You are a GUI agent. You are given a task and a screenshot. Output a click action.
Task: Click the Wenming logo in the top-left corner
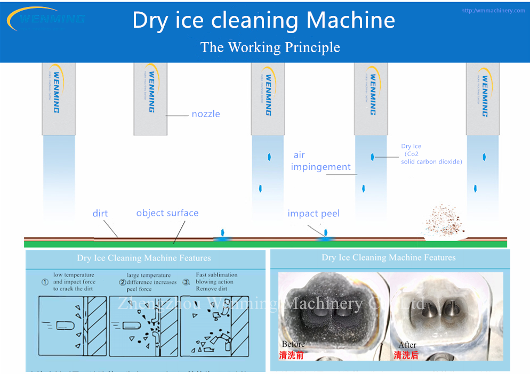click(45, 19)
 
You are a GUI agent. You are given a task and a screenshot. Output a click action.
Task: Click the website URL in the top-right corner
click(493, 11)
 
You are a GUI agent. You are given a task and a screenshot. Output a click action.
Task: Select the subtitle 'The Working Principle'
click(270, 47)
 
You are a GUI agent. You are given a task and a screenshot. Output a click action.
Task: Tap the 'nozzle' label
click(206, 114)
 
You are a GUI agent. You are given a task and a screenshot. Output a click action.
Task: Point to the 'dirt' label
click(100, 214)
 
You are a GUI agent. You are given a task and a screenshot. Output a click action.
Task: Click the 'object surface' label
click(167, 213)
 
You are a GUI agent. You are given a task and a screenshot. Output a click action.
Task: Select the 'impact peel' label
click(313, 214)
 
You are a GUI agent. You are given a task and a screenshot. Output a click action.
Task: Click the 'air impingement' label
click(320, 161)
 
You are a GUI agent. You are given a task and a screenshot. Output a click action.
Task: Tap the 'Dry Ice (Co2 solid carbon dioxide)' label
click(431, 154)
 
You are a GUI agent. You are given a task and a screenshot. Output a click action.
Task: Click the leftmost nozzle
click(59, 99)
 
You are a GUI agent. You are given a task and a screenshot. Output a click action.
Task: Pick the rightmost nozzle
click(483, 99)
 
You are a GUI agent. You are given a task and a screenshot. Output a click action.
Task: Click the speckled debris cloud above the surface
click(443, 219)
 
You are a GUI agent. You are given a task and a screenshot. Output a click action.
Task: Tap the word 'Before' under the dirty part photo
click(293, 345)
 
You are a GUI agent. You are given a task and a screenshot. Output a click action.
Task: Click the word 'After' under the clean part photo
click(407, 345)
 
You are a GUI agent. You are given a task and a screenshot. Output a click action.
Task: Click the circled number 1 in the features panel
click(45, 282)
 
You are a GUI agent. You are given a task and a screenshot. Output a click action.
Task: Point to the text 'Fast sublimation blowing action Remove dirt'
click(216, 282)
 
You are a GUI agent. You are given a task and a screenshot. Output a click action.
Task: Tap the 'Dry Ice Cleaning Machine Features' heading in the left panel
click(144, 258)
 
